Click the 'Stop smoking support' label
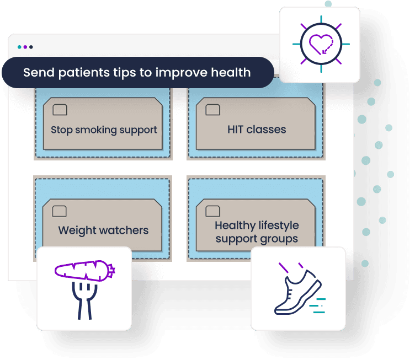[104, 130]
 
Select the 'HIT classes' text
[257, 130]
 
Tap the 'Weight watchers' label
[103, 230]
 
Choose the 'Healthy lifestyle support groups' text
[257, 232]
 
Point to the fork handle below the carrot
[84, 306]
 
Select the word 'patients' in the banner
[78, 73]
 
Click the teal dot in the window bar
[19, 47]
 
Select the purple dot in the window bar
[25, 47]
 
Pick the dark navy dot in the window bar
[31, 47]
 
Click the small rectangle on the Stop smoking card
[60, 110]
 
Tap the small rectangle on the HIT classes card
[212, 110]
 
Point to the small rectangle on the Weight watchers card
[60, 210]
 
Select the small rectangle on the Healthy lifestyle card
[212, 210]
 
